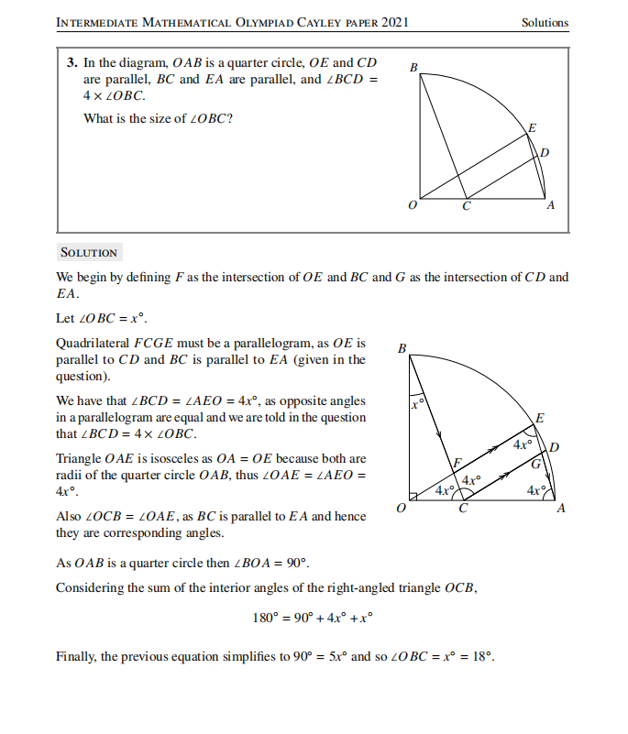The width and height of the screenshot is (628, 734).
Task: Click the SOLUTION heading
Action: tap(88, 253)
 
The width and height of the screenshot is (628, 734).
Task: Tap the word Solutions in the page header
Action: tap(545, 23)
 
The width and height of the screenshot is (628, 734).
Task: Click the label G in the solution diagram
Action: tap(535, 466)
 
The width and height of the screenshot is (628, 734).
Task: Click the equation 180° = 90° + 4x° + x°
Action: tap(313, 618)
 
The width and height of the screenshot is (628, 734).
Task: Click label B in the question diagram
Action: tap(413, 67)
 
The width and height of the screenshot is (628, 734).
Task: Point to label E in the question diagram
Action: tap(533, 126)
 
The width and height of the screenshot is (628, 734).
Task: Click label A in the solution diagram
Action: tap(561, 509)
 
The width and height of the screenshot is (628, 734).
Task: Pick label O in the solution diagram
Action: tap(400, 509)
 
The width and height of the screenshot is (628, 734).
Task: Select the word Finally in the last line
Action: tap(76, 657)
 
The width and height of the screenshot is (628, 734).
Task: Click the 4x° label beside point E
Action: tap(523, 444)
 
